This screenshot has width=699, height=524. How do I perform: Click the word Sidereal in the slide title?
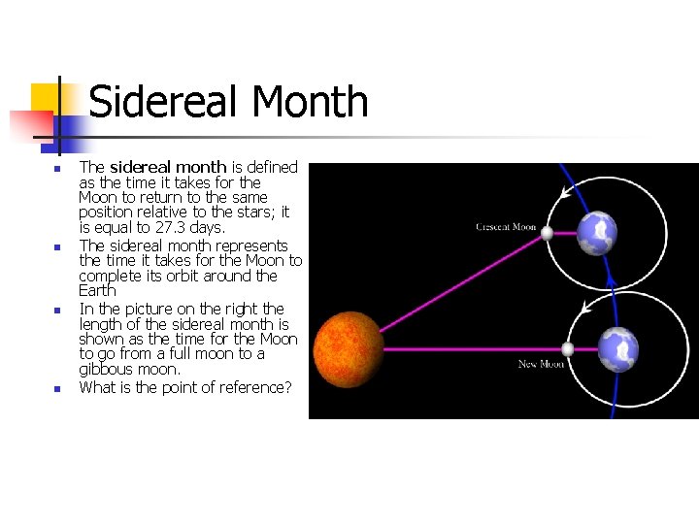154,102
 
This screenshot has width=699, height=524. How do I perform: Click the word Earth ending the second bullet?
97,290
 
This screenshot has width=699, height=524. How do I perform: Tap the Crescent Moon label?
506,227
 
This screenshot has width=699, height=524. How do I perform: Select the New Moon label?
541,364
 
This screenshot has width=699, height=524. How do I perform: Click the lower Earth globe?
617,349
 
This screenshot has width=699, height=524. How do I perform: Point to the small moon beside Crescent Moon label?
548,233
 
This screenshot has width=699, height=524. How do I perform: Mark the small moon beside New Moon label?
568,349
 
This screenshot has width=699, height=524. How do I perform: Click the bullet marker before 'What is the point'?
57,389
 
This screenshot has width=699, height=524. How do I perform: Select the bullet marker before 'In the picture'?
57,311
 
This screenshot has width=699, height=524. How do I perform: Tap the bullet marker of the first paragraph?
57,169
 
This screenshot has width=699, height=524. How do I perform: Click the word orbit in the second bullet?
199,276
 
